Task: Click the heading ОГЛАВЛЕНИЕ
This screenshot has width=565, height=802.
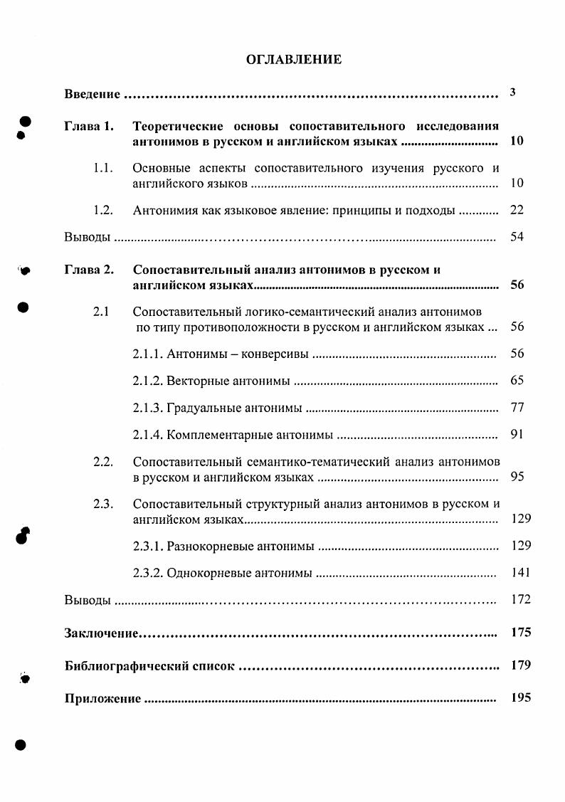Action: point(294,60)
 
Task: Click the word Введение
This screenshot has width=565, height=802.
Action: point(92,94)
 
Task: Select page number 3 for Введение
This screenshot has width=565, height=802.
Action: point(513,93)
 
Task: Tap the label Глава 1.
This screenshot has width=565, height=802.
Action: point(89,127)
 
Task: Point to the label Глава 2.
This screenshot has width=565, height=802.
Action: point(89,270)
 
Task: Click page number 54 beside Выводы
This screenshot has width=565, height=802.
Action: point(517,236)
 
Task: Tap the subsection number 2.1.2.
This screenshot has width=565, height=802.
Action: point(149,381)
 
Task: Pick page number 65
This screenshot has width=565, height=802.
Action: point(517,380)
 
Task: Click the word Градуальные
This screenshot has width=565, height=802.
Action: point(202,408)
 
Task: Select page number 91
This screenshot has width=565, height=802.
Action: point(517,434)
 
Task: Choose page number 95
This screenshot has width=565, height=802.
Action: point(517,476)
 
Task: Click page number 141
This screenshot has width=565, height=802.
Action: point(521,572)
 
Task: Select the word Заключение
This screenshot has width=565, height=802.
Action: point(101,633)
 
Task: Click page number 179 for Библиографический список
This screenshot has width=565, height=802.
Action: point(521,665)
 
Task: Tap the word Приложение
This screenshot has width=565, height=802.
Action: point(102,699)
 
